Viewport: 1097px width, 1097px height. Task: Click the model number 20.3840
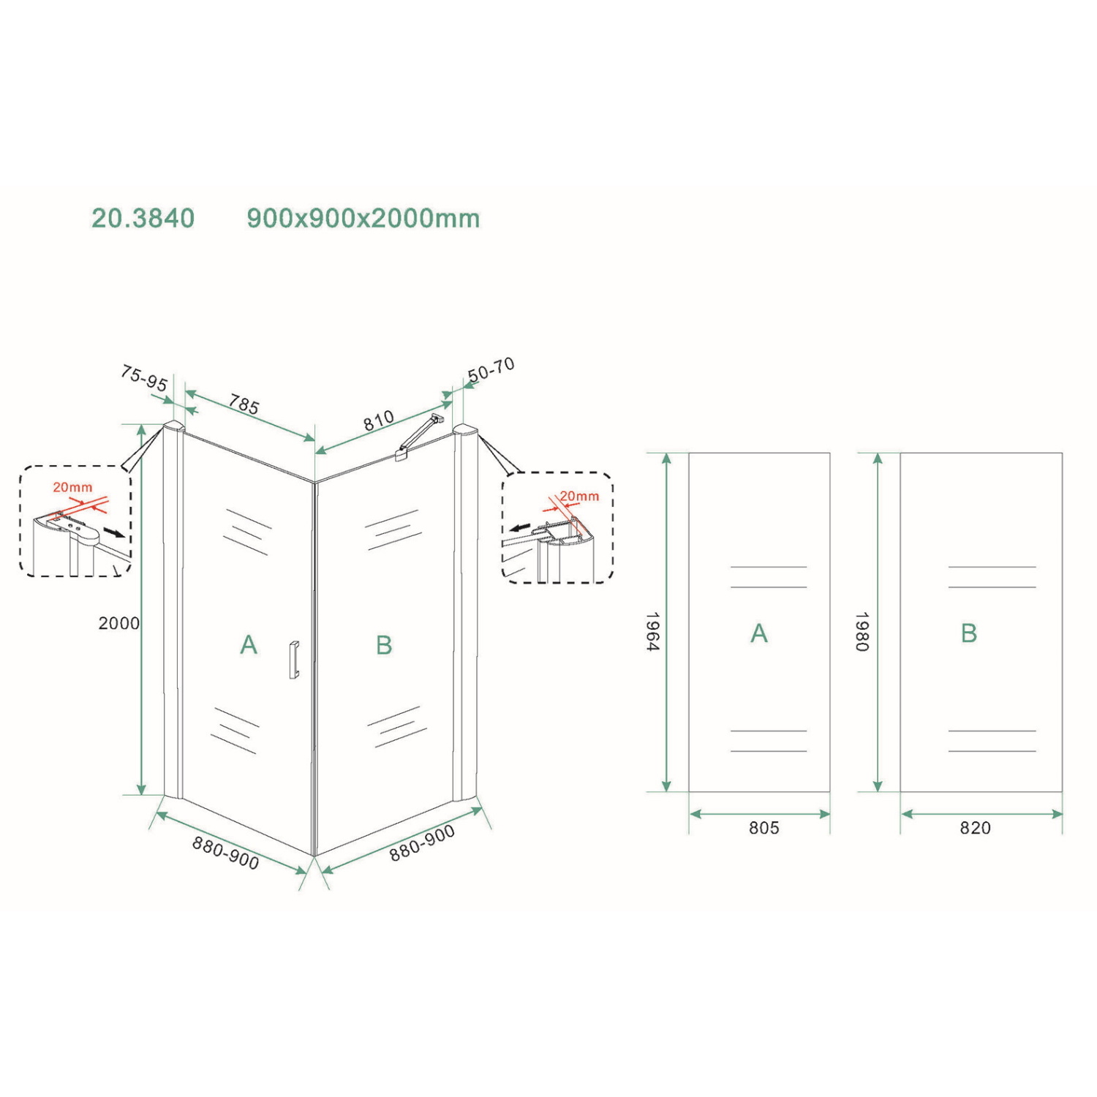pyautogui.click(x=143, y=219)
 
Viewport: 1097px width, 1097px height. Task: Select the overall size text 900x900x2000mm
pyautogui.click(x=363, y=219)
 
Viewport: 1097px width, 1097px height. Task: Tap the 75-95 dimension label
pyautogui.click(x=144, y=379)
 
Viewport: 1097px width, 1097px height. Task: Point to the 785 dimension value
pyautogui.click(x=244, y=404)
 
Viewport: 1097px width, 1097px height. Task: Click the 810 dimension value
pyautogui.click(x=379, y=421)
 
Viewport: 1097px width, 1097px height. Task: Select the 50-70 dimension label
pyautogui.click(x=491, y=371)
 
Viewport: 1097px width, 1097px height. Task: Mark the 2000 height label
pyautogui.click(x=118, y=623)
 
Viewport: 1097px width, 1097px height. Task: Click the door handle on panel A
pyautogui.click(x=294, y=660)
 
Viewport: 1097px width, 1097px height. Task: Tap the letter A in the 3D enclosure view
pyautogui.click(x=249, y=645)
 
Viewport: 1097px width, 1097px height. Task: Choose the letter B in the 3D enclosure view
pyautogui.click(x=384, y=645)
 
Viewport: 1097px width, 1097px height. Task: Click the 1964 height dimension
pyautogui.click(x=653, y=631)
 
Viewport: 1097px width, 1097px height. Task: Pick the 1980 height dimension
pyautogui.click(x=863, y=631)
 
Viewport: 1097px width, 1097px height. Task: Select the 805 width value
pyautogui.click(x=764, y=828)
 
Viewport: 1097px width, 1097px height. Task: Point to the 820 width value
pyautogui.click(x=976, y=828)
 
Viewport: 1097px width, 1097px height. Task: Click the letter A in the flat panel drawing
pyautogui.click(x=759, y=633)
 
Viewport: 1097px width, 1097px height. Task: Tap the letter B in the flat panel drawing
pyautogui.click(x=969, y=633)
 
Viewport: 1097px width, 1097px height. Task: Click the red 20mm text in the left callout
pyautogui.click(x=72, y=488)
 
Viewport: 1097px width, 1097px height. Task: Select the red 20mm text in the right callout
pyautogui.click(x=579, y=497)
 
